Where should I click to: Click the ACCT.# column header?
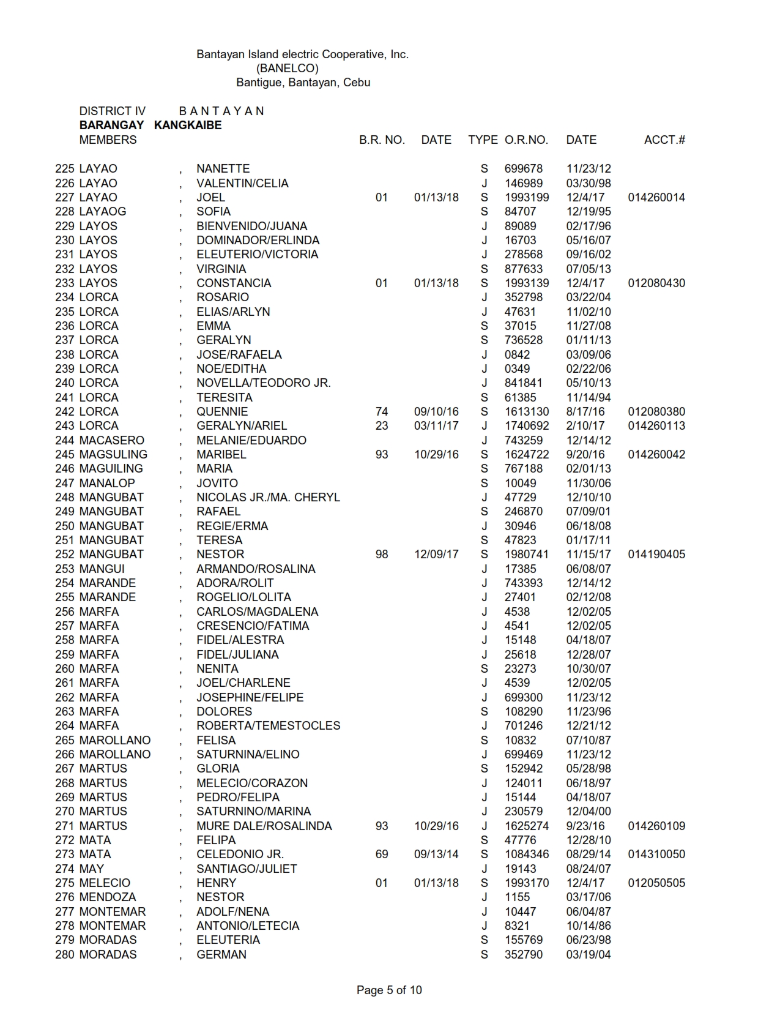(x=664, y=140)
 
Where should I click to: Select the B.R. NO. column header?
(x=382, y=140)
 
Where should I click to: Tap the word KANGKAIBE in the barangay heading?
(x=188, y=125)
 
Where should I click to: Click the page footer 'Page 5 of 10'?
(x=389, y=990)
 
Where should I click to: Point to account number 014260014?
(x=656, y=197)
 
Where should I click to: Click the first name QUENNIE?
(x=222, y=411)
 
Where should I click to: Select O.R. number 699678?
(x=523, y=168)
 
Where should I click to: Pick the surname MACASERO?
(x=112, y=440)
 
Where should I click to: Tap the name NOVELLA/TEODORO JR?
(x=263, y=383)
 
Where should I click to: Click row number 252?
(x=65, y=554)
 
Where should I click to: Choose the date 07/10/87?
(x=588, y=740)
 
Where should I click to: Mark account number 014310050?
(x=656, y=854)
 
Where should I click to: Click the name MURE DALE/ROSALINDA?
(x=264, y=826)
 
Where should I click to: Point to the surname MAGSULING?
(x=113, y=454)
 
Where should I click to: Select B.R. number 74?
(x=382, y=411)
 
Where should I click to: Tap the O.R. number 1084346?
(x=526, y=854)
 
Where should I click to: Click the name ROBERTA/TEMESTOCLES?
(x=268, y=725)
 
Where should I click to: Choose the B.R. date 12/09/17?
(x=436, y=554)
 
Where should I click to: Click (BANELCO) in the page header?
(x=288, y=68)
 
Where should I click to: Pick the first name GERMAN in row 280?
(x=221, y=954)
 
